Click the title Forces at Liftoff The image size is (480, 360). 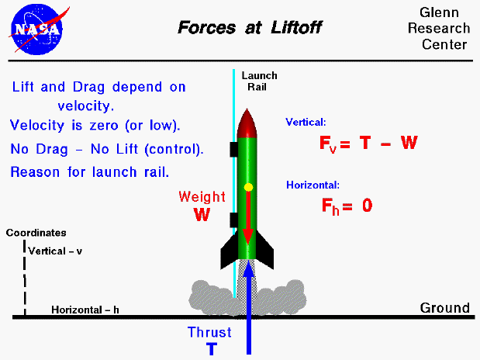click(x=249, y=29)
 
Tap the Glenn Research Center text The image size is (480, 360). click(x=444, y=29)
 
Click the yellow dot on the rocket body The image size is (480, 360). click(x=248, y=188)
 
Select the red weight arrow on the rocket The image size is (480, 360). click(x=248, y=221)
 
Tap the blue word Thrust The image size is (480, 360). click(x=209, y=332)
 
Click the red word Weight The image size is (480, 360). click(x=202, y=196)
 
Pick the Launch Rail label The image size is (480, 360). click(x=259, y=81)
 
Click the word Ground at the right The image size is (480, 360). click(x=445, y=308)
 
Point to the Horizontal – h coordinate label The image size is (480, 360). click(x=85, y=310)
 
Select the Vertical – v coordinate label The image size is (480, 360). click(x=55, y=251)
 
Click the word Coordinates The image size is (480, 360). click(x=36, y=232)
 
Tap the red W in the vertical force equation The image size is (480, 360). click(x=409, y=143)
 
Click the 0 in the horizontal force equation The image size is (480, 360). click(x=368, y=206)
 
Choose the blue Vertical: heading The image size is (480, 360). click(x=306, y=123)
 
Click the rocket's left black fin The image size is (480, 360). click(x=230, y=250)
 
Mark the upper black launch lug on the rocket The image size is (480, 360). click(x=233, y=147)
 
